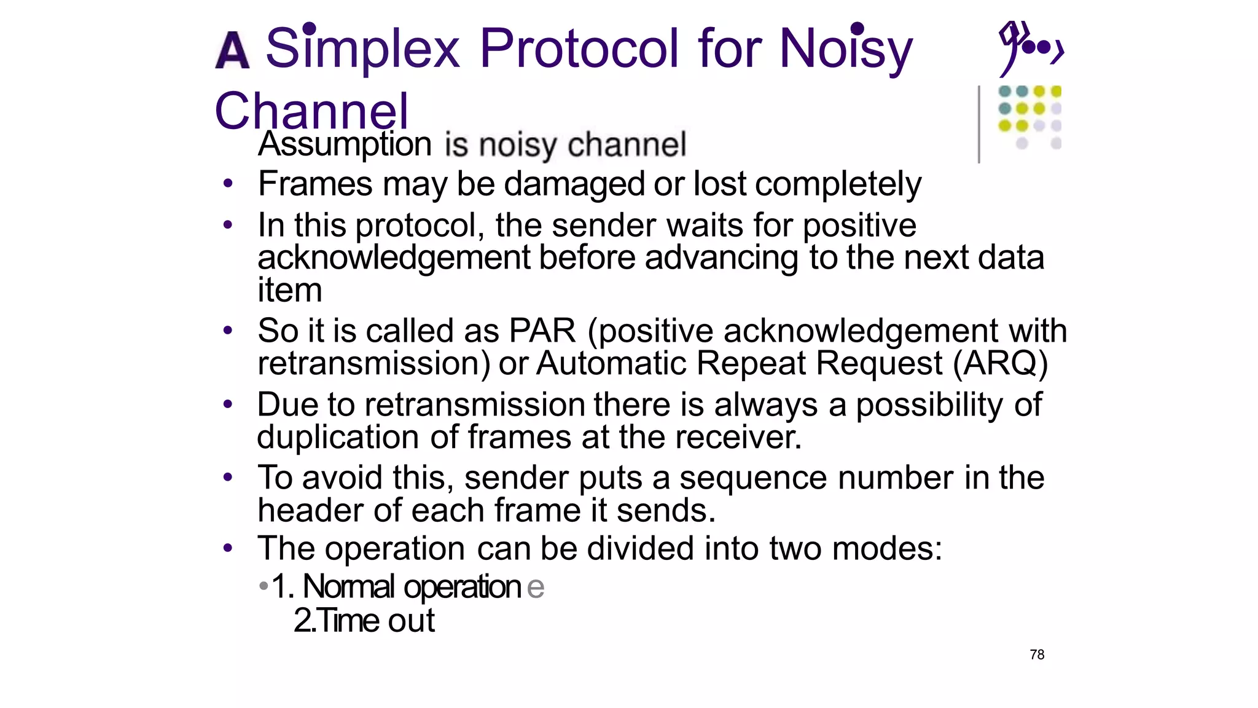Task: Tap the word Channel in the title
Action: point(311,111)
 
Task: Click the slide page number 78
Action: point(1037,655)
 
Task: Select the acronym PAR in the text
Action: point(542,331)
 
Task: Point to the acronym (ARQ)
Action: point(1000,363)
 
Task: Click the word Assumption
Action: point(345,144)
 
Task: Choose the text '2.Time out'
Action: point(364,620)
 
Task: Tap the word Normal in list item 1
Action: point(348,586)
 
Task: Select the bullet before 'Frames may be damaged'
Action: point(228,183)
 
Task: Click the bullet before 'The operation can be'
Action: point(228,548)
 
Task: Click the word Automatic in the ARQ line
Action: point(611,363)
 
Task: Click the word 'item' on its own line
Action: point(289,289)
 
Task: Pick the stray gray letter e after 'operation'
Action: point(535,587)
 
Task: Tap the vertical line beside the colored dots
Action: point(979,124)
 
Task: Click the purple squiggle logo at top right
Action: point(1029,48)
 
